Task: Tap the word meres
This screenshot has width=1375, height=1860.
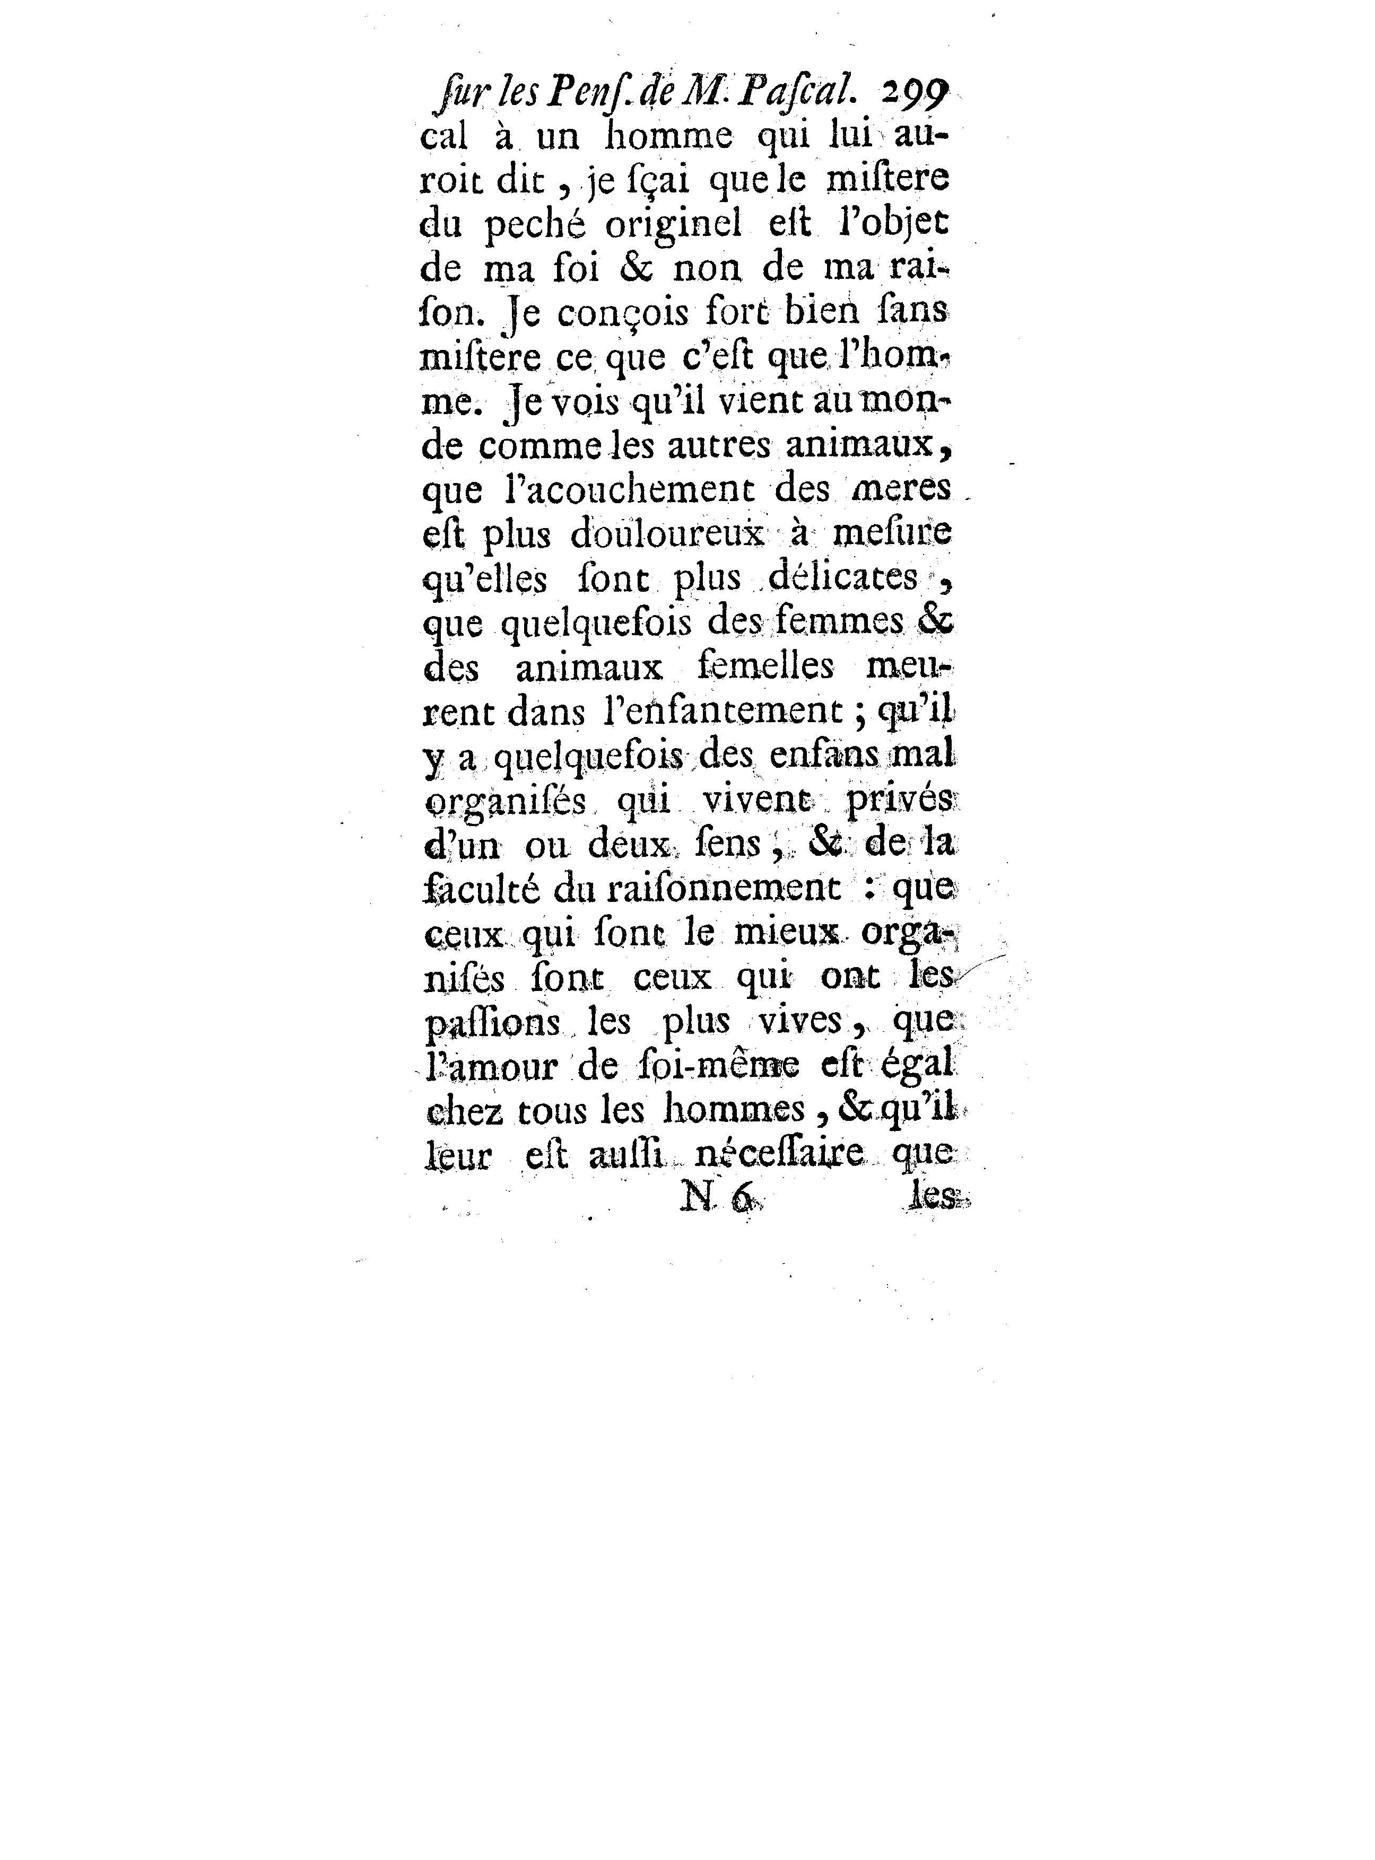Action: coord(904,488)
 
